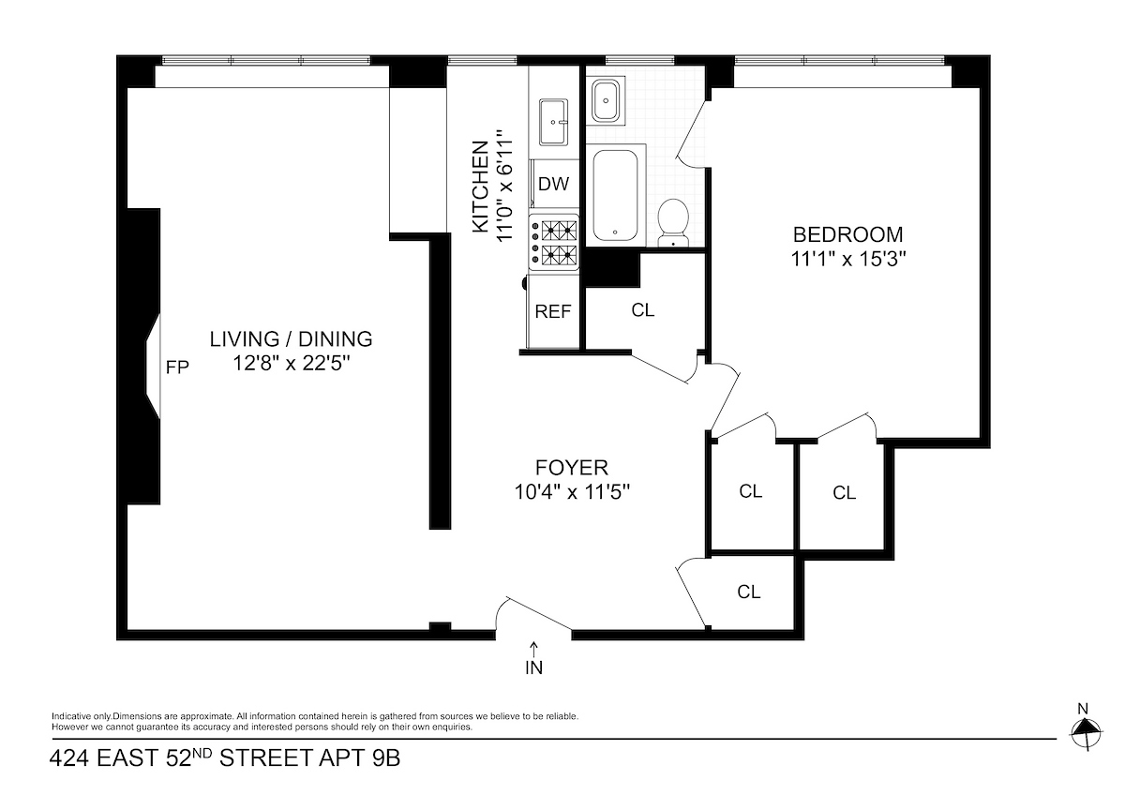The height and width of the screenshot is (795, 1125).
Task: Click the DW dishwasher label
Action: point(553,184)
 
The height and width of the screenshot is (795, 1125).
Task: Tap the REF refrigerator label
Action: point(553,311)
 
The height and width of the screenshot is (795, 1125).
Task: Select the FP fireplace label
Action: point(177,367)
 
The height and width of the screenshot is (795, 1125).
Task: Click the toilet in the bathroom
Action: point(673,223)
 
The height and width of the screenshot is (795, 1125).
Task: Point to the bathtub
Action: point(616,195)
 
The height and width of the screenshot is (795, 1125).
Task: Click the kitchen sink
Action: point(553,122)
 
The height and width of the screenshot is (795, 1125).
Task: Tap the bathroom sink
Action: point(606,101)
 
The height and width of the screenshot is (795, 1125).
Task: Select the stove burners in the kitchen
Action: point(553,243)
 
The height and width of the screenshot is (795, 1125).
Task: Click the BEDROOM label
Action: point(847,234)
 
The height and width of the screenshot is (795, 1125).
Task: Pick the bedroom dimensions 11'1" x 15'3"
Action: point(848,259)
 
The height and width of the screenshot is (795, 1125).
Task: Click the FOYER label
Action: point(572,468)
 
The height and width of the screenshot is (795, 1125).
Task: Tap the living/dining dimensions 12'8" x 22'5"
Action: point(291,363)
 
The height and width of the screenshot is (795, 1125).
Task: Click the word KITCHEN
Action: point(481,187)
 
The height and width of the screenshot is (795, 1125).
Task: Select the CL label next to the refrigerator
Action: point(643,310)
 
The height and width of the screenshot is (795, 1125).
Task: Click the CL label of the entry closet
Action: point(748,592)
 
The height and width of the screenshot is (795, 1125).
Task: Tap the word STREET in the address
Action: point(264,757)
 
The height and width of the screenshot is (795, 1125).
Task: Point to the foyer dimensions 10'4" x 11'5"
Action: point(572,492)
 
